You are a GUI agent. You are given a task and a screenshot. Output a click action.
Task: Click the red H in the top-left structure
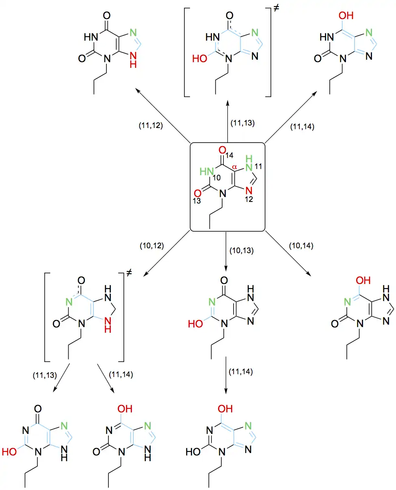132,63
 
